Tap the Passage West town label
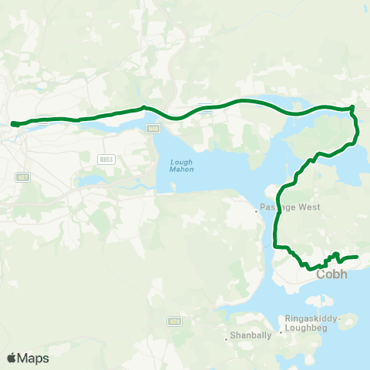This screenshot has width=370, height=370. pyautogui.click(x=283, y=208)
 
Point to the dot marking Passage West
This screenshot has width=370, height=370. pyautogui.click(x=257, y=209)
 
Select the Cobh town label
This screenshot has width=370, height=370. pyautogui.click(x=331, y=274)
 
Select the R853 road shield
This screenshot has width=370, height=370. pyautogui.click(x=106, y=159)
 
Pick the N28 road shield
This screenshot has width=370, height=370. pyautogui.click(x=176, y=298)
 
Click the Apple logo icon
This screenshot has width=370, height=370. pyautogui.click(x=12, y=358)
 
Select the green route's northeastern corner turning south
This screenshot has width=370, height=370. pyautogui.click(x=352, y=109)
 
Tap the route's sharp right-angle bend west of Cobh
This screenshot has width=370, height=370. pyautogui.click(x=276, y=245)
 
